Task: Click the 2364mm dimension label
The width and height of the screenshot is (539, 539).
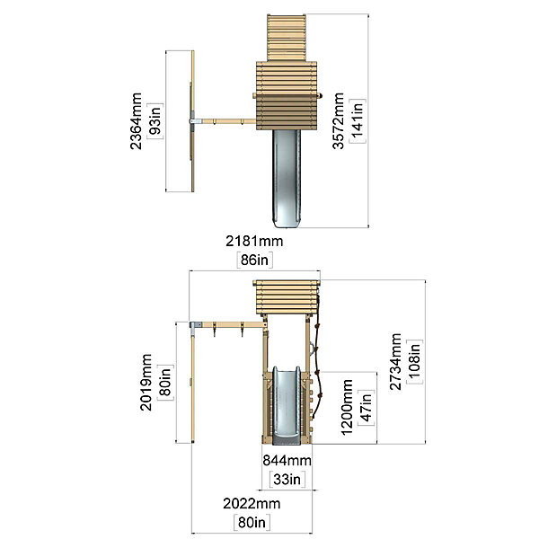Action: (137, 121)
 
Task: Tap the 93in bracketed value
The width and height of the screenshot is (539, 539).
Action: (155, 121)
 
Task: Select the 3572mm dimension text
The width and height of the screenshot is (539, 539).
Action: (339, 121)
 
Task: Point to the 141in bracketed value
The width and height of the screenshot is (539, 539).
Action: (358, 121)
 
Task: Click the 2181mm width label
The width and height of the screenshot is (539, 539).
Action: (254, 241)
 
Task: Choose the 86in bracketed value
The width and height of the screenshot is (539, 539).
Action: (254, 260)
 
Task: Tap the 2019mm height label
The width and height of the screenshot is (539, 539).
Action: (146, 383)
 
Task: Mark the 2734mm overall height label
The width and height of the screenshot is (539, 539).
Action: (395, 362)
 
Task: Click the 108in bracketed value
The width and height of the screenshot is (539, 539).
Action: (414, 362)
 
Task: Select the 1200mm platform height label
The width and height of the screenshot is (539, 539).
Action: (347, 407)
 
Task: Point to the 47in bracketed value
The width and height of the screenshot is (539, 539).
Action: (367, 408)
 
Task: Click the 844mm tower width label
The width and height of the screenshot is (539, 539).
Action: (287, 461)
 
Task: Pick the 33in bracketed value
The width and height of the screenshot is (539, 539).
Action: (287, 479)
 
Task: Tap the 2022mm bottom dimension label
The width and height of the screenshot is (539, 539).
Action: (252, 504)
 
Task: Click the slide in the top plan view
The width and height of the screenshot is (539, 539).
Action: (287, 179)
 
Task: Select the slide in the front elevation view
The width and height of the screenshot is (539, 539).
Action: (287, 406)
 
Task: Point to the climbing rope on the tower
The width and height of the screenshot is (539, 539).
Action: (318, 358)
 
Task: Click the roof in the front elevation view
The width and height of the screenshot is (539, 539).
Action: (287, 297)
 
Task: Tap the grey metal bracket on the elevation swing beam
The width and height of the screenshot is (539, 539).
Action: (195, 325)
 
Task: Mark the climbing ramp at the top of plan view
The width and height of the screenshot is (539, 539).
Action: (287, 38)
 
